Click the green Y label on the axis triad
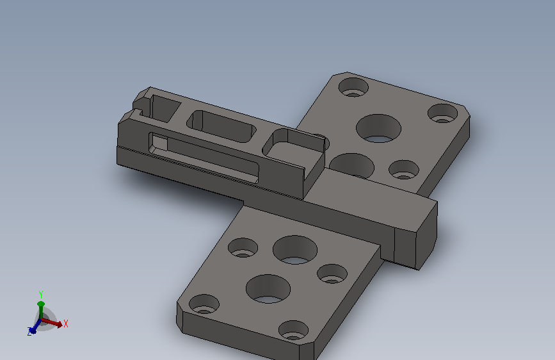41,295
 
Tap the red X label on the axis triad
65,323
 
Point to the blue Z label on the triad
29,332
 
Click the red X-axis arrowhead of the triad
59,324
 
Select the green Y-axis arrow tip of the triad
41,304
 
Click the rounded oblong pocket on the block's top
221,126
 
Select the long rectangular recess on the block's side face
204,158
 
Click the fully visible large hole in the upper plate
378,128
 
